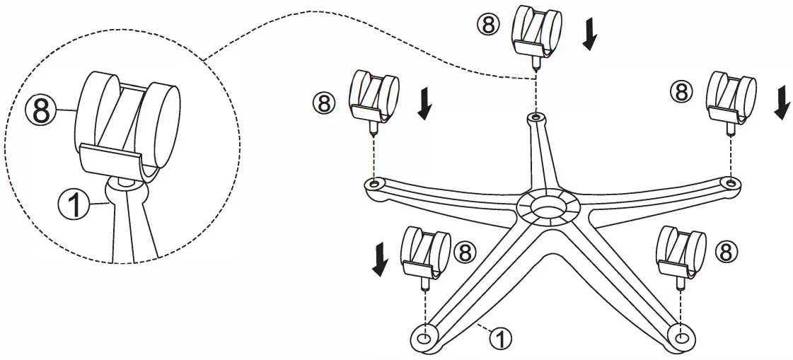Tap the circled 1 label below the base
(x=499, y=338)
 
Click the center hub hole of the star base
(x=548, y=207)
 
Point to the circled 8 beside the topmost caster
(x=487, y=25)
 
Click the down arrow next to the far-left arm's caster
(x=424, y=104)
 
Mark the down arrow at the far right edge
(x=782, y=103)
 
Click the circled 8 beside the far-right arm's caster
(x=682, y=91)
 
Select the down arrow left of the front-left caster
(x=380, y=260)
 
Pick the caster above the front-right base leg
(x=680, y=252)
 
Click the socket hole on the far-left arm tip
(x=374, y=185)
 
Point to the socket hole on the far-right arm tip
(x=731, y=182)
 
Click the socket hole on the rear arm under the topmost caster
(x=536, y=115)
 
